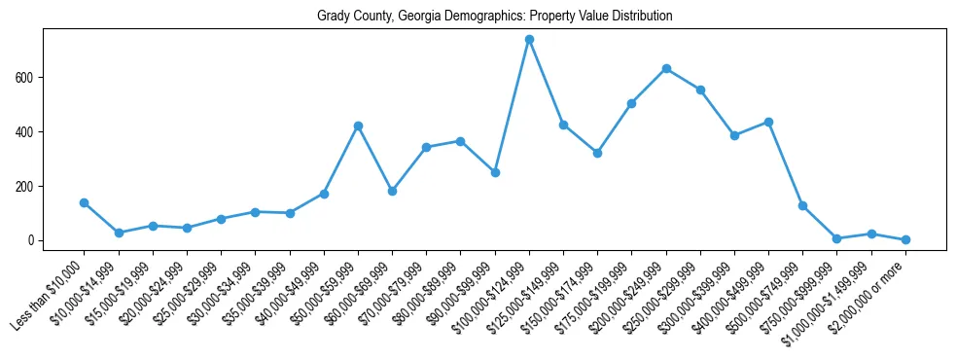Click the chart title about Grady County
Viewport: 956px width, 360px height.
click(494, 17)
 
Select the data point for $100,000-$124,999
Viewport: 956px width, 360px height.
click(529, 40)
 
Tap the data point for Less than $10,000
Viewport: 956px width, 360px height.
click(85, 202)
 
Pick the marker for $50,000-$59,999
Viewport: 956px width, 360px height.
click(358, 126)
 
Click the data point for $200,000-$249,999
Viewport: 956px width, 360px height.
click(666, 68)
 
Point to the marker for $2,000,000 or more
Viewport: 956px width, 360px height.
click(905, 239)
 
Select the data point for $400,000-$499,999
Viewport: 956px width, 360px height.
click(768, 122)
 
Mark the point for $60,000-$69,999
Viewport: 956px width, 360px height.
click(392, 191)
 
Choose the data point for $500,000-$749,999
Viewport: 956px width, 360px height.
click(803, 205)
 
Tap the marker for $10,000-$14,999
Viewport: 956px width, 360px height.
click(119, 233)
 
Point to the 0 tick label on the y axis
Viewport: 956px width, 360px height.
click(31, 241)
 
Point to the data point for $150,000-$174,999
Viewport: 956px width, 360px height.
click(597, 153)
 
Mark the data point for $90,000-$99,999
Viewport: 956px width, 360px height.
click(495, 172)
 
